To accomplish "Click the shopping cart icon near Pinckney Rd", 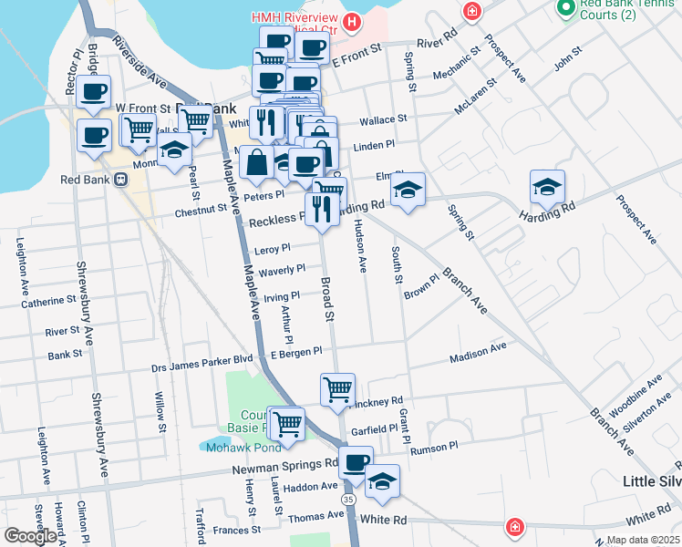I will pos(337,389).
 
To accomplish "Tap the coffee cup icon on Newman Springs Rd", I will pos(355,461).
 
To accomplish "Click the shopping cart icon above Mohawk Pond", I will pos(287,422).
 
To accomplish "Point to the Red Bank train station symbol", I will pos(121,179).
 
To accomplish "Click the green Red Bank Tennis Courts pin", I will pos(565,7).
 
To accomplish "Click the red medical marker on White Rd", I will pos(515,528).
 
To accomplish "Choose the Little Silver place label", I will pos(651,480).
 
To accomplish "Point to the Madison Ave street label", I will pos(477,353).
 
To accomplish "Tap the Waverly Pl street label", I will pos(282,270).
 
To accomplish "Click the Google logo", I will pos(30,536).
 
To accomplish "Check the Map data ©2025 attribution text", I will pos(643,540).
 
